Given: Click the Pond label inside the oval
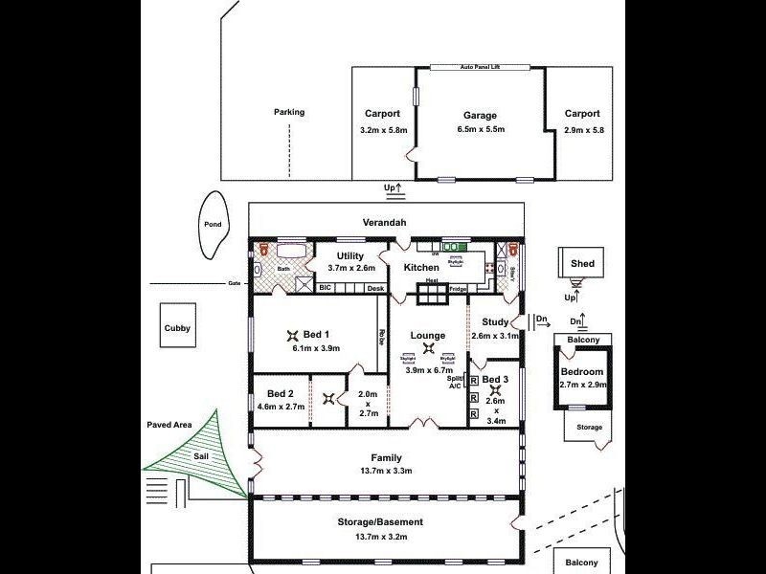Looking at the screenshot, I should pyautogui.click(x=213, y=225).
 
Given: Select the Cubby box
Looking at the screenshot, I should pyautogui.click(x=177, y=328).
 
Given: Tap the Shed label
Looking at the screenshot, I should pyautogui.click(x=582, y=263).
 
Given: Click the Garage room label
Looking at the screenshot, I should pyautogui.click(x=480, y=115).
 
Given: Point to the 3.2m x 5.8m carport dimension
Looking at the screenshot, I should pyautogui.click(x=383, y=129).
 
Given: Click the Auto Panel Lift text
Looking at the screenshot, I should pyautogui.click(x=480, y=67).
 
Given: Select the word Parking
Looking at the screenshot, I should pyautogui.click(x=288, y=112).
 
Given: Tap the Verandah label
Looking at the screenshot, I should pyautogui.click(x=385, y=223).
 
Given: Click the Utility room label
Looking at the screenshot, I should pyautogui.click(x=351, y=257).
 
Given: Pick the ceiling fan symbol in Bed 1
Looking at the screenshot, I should pyautogui.click(x=292, y=334).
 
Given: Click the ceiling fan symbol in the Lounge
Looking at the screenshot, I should pyautogui.click(x=427, y=349).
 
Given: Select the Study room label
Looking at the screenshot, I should pyautogui.click(x=495, y=322).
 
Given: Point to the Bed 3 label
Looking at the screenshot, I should pyautogui.click(x=495, y=380).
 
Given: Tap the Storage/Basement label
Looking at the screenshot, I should pyautogui.click(x=380, y=521).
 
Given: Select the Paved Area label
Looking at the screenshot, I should pyautogui.click(x=169, y=424).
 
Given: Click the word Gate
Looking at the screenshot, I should pyautogui.click(x=234, y=283).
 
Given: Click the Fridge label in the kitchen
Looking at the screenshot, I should pyautogui.click(x=458, y=288).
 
